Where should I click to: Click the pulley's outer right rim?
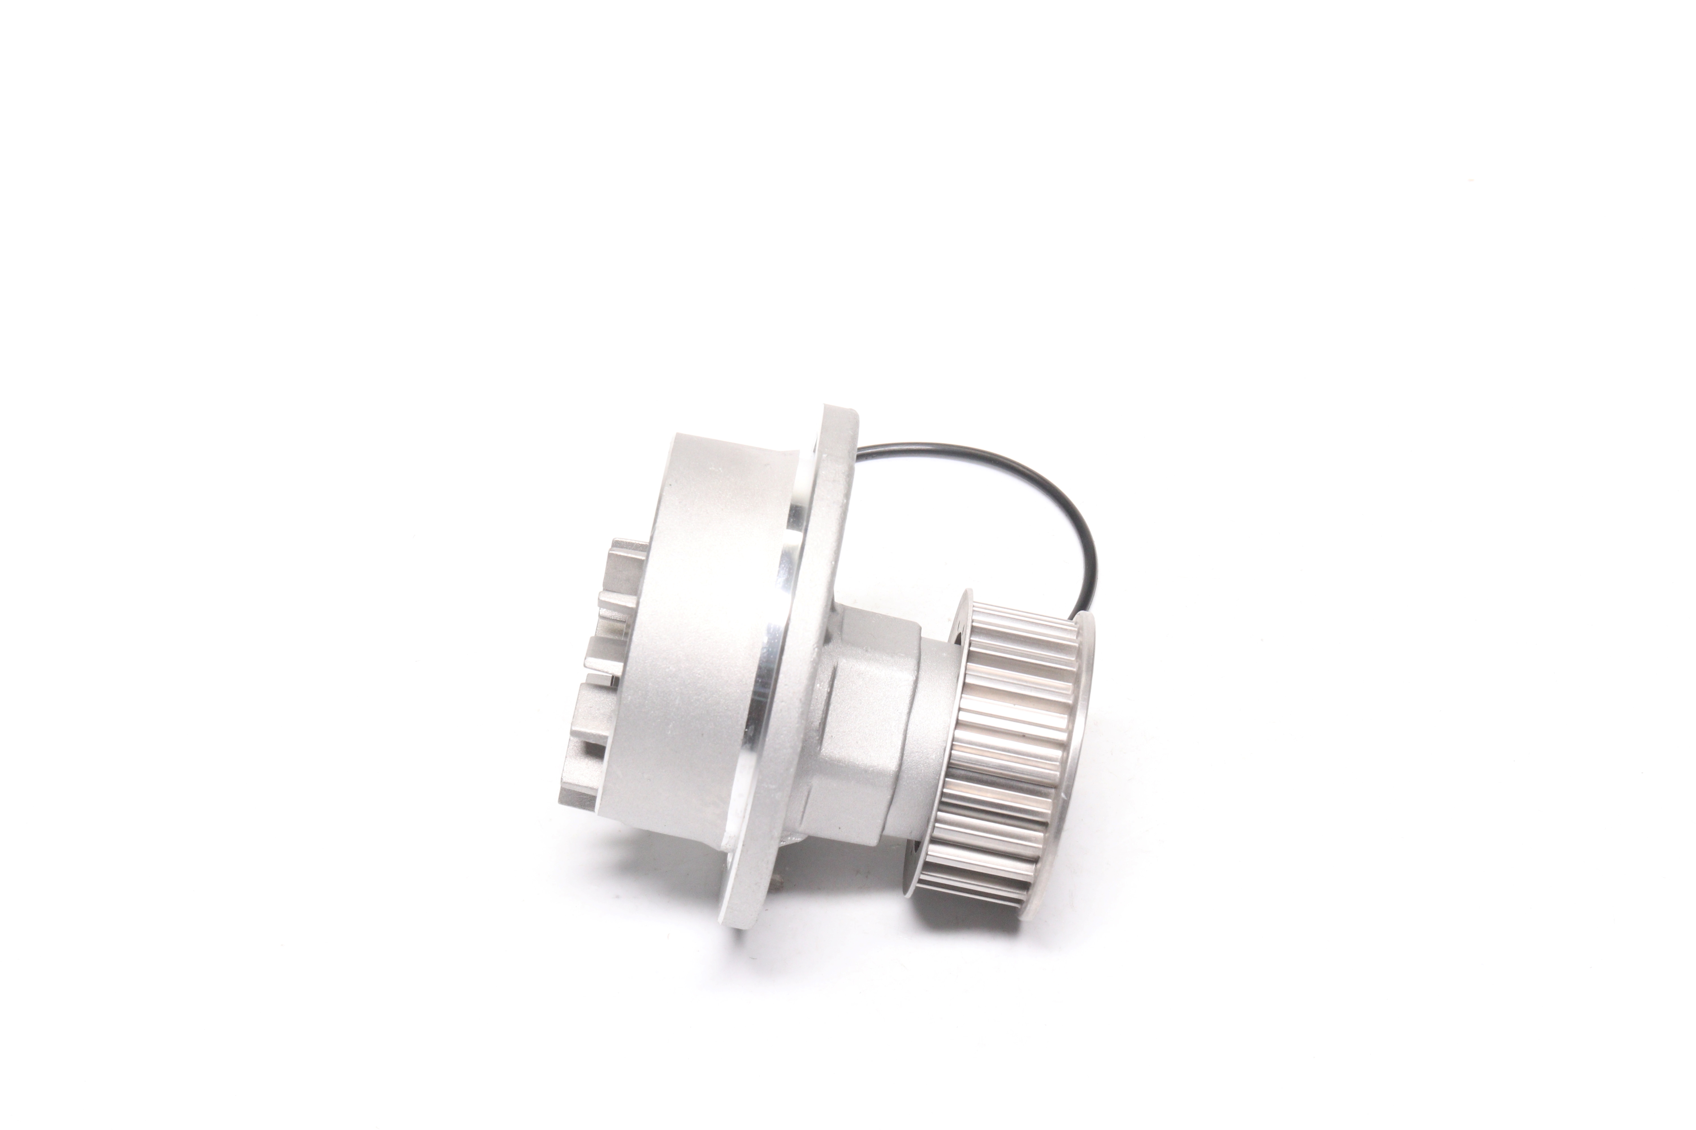click(x=1082, y=721)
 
